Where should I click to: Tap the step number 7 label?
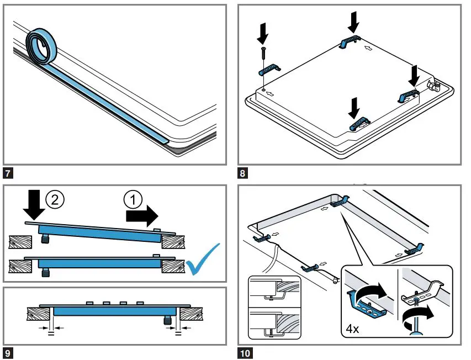point(9,173)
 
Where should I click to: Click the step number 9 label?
point(9,352)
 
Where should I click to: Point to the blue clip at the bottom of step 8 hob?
point(358,123)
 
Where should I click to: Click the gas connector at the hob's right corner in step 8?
point(433,85)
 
